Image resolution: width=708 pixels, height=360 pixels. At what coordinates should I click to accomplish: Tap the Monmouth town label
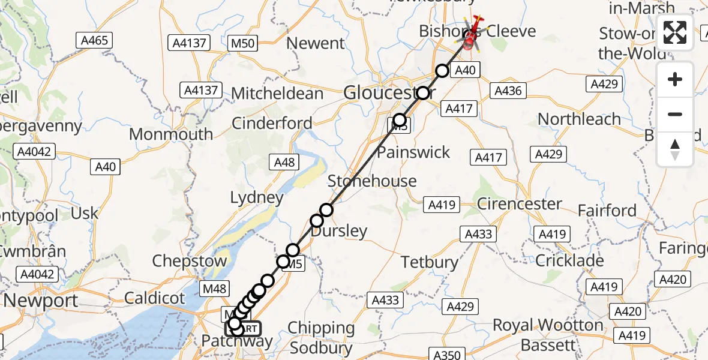tap(171, 134)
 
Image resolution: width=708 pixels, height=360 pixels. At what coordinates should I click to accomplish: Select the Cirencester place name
tap(520, 204)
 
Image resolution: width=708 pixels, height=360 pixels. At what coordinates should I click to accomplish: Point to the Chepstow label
tap(190, 261)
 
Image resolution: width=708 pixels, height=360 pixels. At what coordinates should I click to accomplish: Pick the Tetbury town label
tap(430, 262)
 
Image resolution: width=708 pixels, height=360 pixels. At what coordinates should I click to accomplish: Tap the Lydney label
tap(257, 197)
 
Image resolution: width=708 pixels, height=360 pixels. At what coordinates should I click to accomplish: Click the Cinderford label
tap(272, 123)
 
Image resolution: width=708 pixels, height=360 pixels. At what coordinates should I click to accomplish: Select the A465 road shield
tap(95, 41)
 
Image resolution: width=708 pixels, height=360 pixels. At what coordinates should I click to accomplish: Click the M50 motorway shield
tap(243, 43)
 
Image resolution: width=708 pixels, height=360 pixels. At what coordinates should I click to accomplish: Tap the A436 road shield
tap(508, 91)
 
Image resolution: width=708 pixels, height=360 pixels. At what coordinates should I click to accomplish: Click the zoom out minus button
tap(675, 114)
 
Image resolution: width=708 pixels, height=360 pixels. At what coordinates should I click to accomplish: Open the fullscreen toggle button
tap(675, 32)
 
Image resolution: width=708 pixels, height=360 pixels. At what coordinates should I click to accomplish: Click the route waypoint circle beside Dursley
tap(316, 221)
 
